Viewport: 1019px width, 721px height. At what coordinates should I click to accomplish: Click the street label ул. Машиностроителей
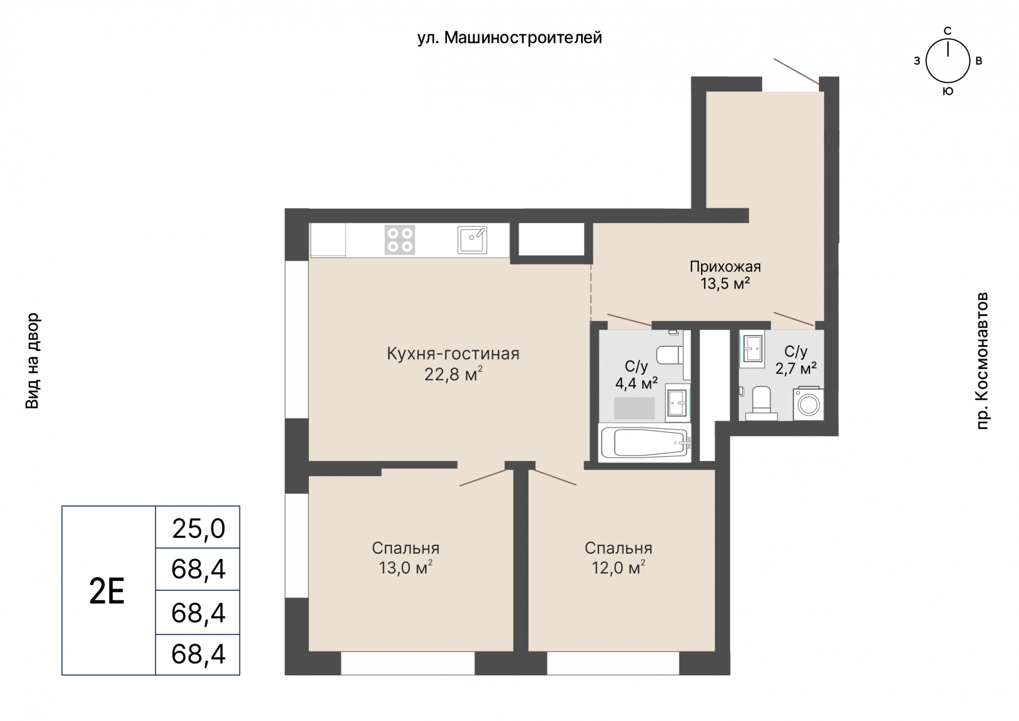pyautogui.click(x=509, y=38)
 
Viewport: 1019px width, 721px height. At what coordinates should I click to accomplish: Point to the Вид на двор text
pyautogui.click(x=32, y=360)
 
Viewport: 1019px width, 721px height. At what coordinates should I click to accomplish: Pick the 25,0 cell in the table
pyautogui.click(x=198, y=529)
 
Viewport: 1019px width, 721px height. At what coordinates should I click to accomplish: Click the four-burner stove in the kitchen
pyautogui.click(x=400, y=240)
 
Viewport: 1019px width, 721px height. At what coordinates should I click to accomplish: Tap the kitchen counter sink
pyautogui.click(x=472, y=240)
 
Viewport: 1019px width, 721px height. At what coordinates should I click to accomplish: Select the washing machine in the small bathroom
pyautogui.click(x=809, y=405)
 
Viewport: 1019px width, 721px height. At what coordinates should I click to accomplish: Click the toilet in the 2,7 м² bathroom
pyautogui.click(x=762, y=403)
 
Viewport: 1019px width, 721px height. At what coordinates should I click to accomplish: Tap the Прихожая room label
pyautogui.click(x=725, y=267)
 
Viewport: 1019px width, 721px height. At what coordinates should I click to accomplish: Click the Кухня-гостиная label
pyautogui.click(x=453, y=354)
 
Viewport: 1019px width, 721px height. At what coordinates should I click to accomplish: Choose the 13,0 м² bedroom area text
pyautogui.click(x=405, y=568)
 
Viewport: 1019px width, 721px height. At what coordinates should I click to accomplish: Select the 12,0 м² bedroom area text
pyautogui.click(x=618, y=568)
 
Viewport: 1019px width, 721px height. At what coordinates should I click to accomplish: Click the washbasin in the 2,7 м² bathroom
pyautogui.click(x=753, y=349)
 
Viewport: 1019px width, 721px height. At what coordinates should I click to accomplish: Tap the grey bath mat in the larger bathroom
pyautogui.click(x=634, y=408)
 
